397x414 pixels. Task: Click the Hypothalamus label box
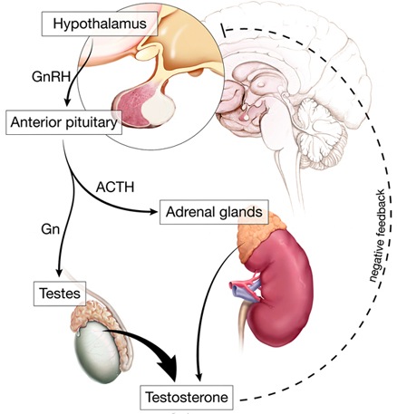[100, 24]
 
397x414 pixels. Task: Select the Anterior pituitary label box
[63, 122]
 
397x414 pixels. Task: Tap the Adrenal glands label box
[214, 212]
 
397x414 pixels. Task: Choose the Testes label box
[60, 294]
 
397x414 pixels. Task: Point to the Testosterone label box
[187, 397]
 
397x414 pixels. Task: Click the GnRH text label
[51, 77]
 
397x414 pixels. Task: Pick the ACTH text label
[115, 188]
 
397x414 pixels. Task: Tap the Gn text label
[51, 229]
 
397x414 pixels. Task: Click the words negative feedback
[378, 236]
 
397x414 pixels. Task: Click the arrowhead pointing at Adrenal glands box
[153, 212]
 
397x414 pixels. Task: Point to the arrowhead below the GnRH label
[67, 101]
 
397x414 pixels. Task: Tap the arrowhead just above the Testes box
[59, 271]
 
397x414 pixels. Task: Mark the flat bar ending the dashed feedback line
[223, 30]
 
